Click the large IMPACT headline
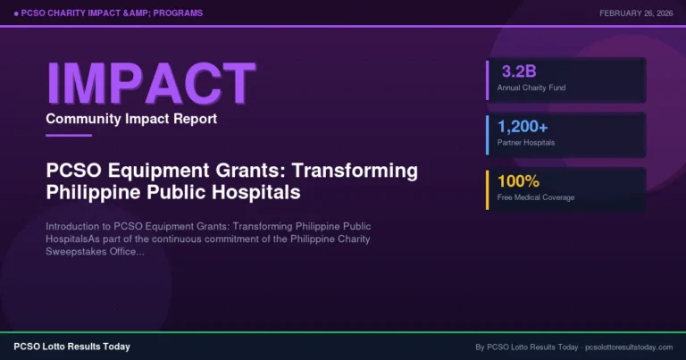pyautogui.click(x=150, y=82)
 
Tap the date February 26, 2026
pyautogui.click(x=636, y=13)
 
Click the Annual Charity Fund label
pyautogui.click(x=531, y=88)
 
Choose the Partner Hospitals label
pyautogui.click(x=526, y=142)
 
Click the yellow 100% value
pyautogui.click(x=519, y=180)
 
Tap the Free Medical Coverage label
pyautogui.click(x=536, y=197)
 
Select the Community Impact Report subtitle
pyautogui.click(x=131, y=119)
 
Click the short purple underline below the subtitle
pyautogui.click(x=69, y=135)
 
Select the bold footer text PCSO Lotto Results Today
pyautogui.click(x=71, y=346)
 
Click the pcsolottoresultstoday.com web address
pyautogui.click(x=627, y=346)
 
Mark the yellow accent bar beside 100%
pyautogui.click(x=487, y=188)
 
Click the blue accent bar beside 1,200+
pyautogui.click(x=487, y=134)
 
